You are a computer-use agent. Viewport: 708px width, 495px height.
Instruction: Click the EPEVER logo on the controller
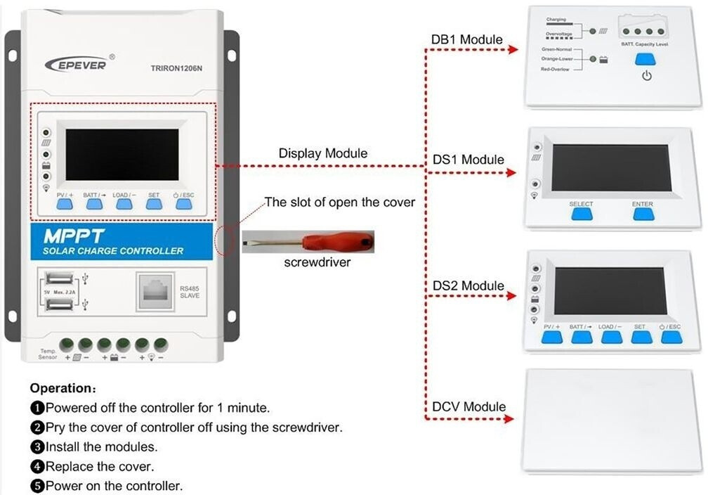tap(76, 64)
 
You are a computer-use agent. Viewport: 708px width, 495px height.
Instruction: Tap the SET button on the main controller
tap(154, 204)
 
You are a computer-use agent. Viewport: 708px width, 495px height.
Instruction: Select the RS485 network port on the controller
tap(158, 290)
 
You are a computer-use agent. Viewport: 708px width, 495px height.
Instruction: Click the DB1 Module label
tap(466, 39)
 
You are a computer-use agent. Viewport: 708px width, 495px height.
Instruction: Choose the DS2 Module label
tap(468, 285)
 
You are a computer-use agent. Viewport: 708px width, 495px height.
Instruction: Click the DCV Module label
tap(468, 406)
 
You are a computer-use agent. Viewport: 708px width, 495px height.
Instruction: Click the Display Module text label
tap(322, 153)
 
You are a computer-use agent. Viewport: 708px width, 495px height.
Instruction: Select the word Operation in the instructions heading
tap(61, 388)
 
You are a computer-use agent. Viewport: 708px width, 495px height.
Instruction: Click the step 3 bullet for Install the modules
tap(37, 446)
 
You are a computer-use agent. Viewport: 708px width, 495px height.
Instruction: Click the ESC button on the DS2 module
tap(671, 337)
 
